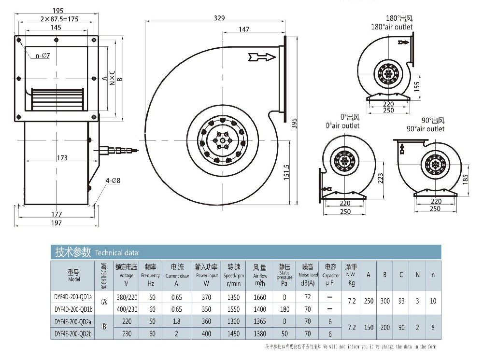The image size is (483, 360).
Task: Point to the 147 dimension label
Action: click(x=244, y=29)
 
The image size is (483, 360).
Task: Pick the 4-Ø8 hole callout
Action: click(x=112, y=181)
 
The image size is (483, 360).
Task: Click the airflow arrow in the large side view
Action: click(x=262, y=57)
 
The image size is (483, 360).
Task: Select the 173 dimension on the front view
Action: click(x=61, y=158)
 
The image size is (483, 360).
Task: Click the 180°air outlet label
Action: click(x=392, y=27)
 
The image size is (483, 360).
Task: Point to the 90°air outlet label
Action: click(x=426, y=129)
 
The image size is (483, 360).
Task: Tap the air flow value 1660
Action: click(x=260, y=297)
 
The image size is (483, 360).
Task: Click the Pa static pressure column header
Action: click(x=284, y=284)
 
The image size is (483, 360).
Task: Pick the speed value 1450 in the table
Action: click(x=234, y=333)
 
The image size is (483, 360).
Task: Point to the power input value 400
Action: click(x=206, y=333)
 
